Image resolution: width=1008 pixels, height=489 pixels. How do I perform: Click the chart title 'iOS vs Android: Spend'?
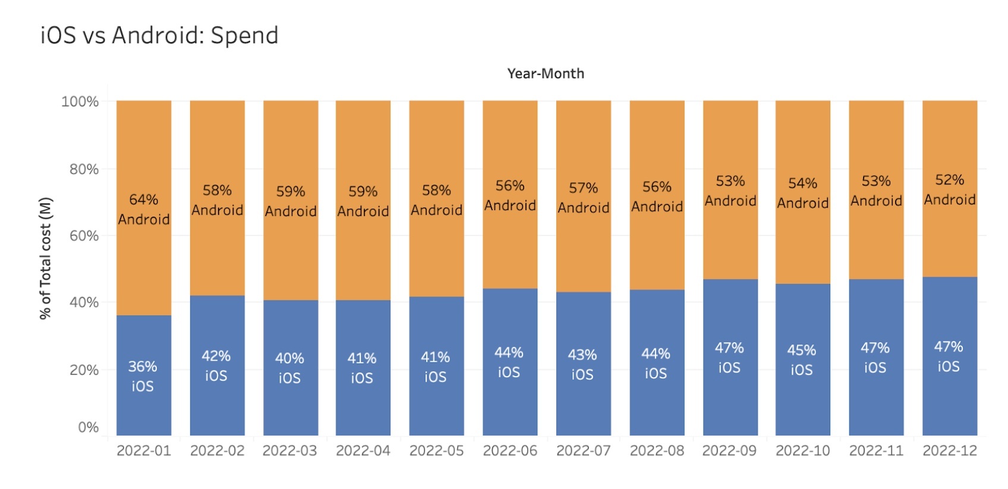(x=159, y=35)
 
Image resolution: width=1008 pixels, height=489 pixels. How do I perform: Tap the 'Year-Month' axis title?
(x=546, y=73)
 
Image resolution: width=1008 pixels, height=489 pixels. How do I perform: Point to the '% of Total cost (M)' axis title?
(x=46, y=258)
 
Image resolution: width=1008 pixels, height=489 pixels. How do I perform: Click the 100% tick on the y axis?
(x=80, y=101)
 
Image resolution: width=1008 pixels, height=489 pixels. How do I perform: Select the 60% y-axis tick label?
(x=84, y=236)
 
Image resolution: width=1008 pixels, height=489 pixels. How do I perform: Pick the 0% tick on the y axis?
(x=88, y=427)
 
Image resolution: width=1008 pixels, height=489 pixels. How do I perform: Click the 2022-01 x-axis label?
(x=144, y=450)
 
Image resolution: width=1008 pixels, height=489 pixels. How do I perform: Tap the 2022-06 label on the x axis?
(x=510, y=450)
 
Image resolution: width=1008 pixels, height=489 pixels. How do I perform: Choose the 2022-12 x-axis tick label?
(x=950, y=450)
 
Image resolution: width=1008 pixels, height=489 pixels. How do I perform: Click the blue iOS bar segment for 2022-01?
(x=144, y=375)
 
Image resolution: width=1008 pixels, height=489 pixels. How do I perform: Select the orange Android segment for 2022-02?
(x=218, y=198)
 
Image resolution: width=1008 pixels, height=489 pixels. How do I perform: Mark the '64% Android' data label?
(x=144, y=209)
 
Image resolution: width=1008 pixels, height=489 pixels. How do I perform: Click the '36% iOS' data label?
(x=143, y=377)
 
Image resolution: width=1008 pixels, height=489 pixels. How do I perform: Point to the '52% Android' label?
(x=950, y=190)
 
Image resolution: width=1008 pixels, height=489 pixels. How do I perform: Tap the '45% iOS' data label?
(x=801, y=360)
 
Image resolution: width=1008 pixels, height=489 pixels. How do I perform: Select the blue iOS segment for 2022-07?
(x=584, y=364)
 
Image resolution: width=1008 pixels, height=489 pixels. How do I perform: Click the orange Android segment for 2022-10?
(x=803, y=192)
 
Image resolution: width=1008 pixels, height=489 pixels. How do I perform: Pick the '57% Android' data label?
(x=584, y=198)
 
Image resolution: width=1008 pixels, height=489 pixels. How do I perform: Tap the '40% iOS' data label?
(x=289, y=368)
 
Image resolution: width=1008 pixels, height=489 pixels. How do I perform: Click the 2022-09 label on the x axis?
(x=729, y=450)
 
